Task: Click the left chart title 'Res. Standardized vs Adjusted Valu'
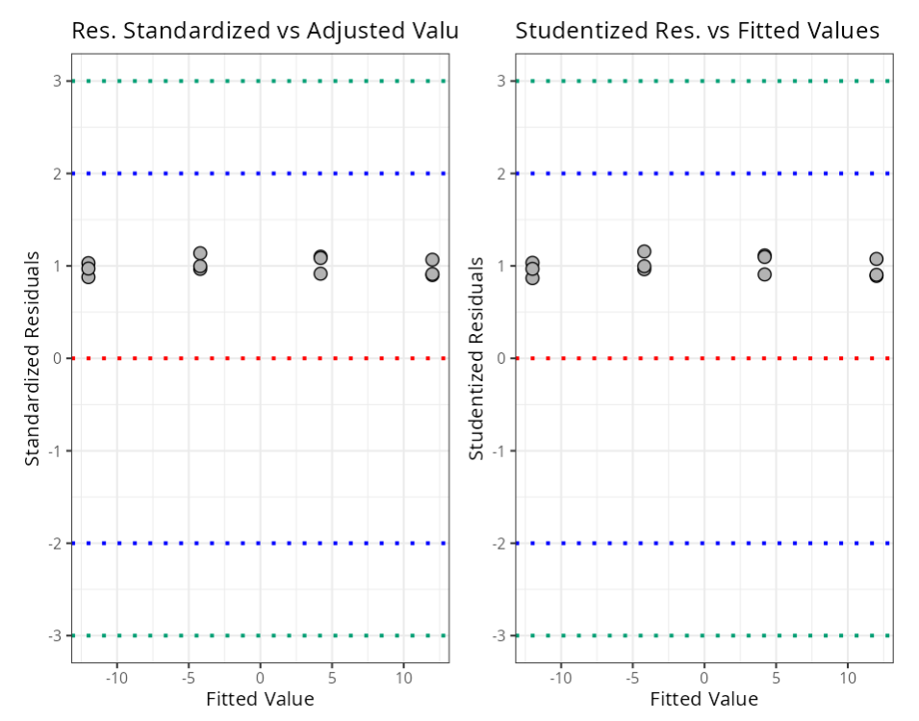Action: tap(265, 31)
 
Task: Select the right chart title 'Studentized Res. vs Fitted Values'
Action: tap(698, 31)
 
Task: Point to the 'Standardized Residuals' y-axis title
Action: tap(33, 358)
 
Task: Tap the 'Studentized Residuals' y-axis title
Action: tap(476, 358)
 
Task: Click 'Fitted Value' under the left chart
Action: tap(260, 699)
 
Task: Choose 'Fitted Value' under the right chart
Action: tap(703, 699)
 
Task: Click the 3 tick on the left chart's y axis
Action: tap(58, 81)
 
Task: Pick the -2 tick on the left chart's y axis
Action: tap(56, 543)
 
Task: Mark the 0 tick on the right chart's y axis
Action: tap(501, 358)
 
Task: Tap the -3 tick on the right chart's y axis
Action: tap(499, 635)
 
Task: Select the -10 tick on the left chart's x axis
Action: tap(116, 677)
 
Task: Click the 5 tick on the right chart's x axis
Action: tap(776, 677)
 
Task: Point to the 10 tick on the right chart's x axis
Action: tap(847, 677)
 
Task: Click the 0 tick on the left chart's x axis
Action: tap(260, 677)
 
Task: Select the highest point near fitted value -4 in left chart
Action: tap(200, 254)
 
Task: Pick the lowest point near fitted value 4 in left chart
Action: tap(320, 273)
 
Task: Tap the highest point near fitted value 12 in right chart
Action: tap(877, 259)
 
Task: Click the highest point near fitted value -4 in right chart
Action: tap(644, 252)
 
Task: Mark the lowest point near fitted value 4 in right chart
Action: tap(764, 274)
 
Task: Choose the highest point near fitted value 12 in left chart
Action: tap(432, 260)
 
